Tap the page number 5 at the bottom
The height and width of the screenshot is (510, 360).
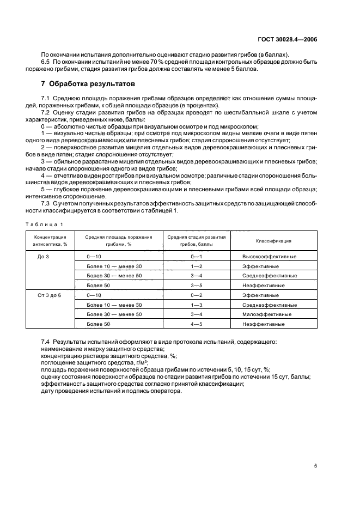coord(316,466)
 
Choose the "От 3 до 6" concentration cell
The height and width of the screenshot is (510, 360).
coord(50,295)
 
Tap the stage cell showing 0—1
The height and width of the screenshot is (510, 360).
coord(196,256)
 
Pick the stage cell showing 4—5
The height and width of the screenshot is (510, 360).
coord(196,324)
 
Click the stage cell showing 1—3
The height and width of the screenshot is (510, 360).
coord(196,305)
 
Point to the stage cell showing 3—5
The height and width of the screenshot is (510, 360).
coord(196,285)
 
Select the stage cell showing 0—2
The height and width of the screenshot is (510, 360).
coord(196,295)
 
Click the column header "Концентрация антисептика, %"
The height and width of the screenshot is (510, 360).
coord(50,240)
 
